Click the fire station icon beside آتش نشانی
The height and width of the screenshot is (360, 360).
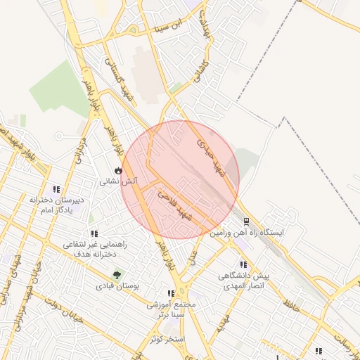pyautogui.click(x=117, y=171)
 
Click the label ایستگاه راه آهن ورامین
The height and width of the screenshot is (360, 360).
pyautogui.click(x=250, y=231)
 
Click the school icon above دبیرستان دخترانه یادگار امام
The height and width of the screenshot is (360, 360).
pyautogui.click(x=56, y=189)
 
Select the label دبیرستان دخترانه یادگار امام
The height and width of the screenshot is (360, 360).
pyautogui.click(x=56, y=205)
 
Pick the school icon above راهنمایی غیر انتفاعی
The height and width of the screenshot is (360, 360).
pyautogui.click(x=94, y=233)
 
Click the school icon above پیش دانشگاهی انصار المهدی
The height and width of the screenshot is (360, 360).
pyautogui.click(x=243, y=265)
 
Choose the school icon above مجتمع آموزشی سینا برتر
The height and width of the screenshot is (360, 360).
pyautogui.click(x=171, y=293)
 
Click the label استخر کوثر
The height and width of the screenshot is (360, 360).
pyautogui.click(x=167, y=340)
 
